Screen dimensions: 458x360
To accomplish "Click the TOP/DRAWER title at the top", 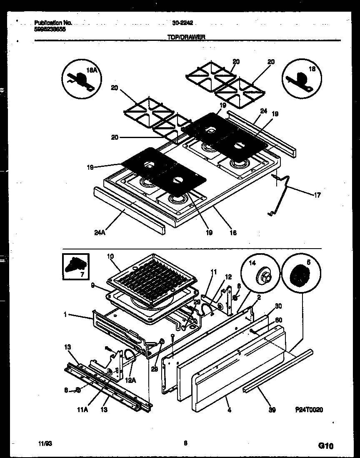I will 186,37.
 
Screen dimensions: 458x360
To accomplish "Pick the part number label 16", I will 233,233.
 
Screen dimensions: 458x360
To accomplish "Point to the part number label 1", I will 65,315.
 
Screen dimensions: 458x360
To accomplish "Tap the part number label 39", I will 272,410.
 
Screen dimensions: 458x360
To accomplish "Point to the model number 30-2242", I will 182,23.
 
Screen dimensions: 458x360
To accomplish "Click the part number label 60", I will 279,320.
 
